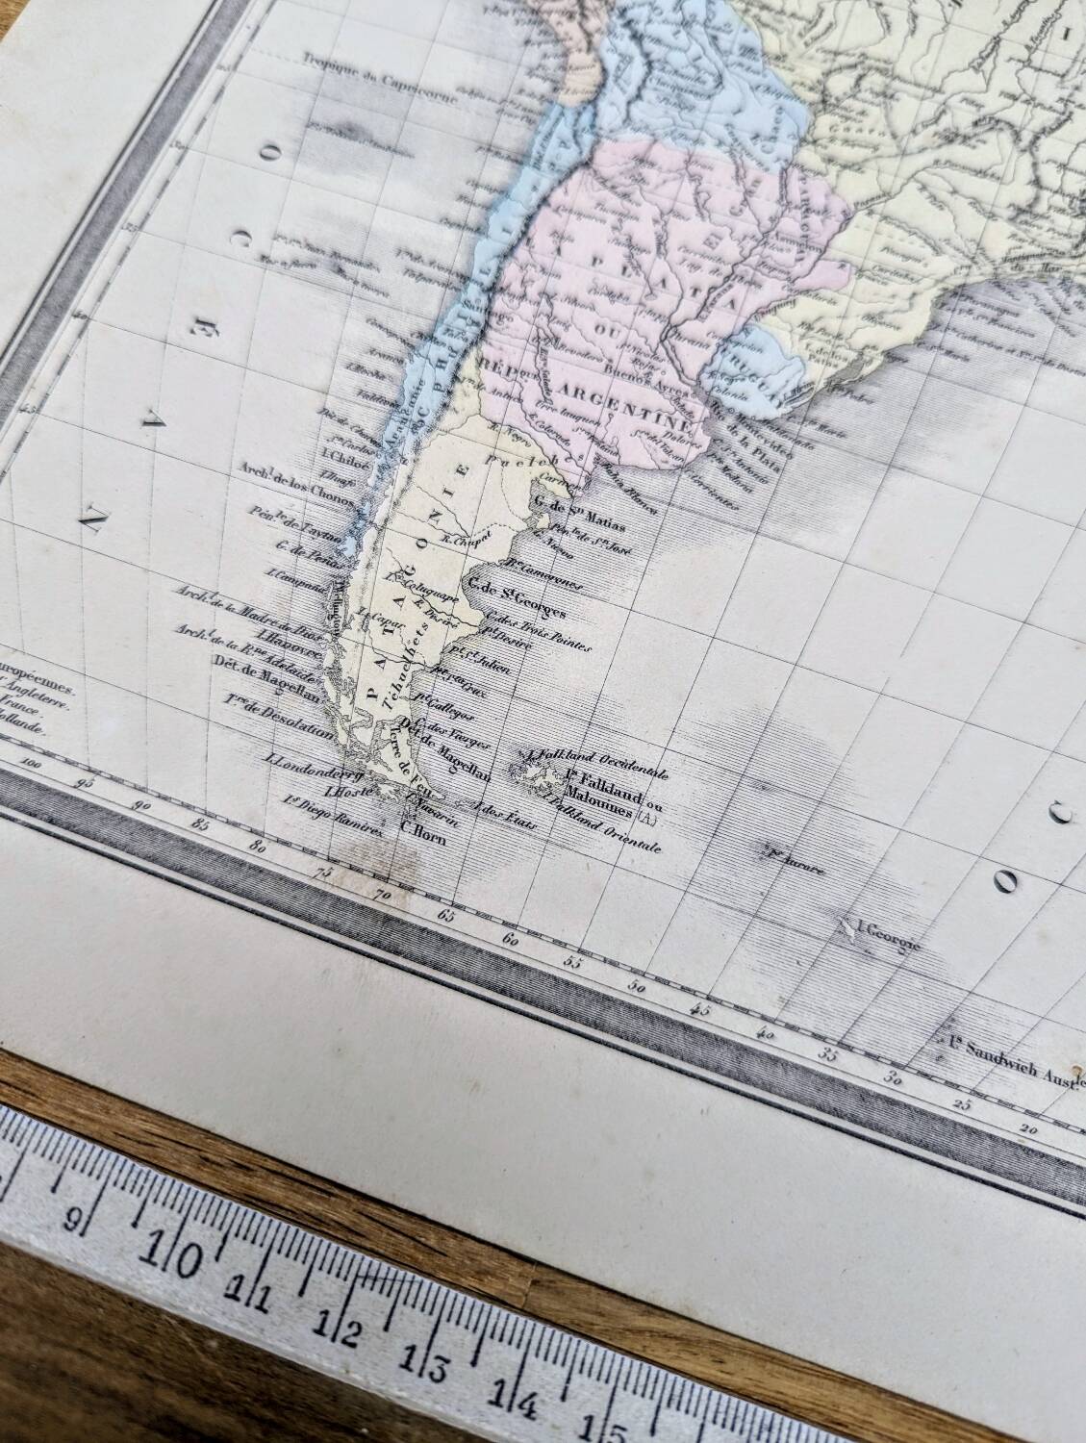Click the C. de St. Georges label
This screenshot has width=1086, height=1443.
(x=512, y=589)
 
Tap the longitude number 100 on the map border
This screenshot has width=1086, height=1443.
(x=37, y=764)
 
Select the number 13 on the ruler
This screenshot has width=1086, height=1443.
(x=434, y=1366)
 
